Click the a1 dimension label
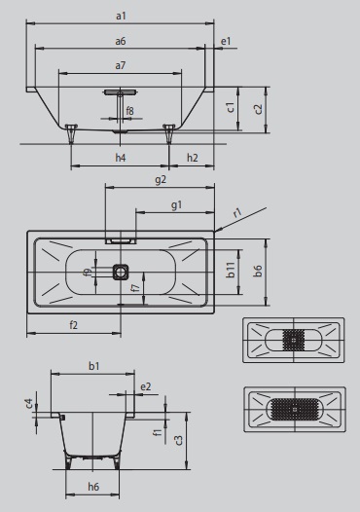121,16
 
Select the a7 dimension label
120,65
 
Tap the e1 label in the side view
226,42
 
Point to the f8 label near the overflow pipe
130,111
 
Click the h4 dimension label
121,158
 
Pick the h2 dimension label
193,158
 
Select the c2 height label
258,109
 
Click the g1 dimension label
176,205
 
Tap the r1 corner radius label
238,213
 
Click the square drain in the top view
121,273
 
